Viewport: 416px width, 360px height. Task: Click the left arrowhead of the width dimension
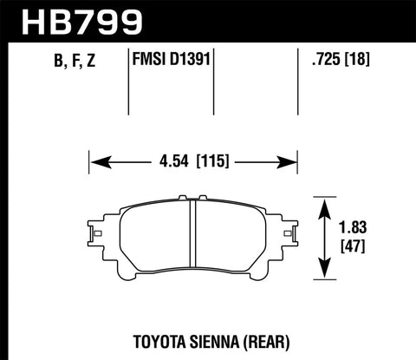[x=96, y=160]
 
